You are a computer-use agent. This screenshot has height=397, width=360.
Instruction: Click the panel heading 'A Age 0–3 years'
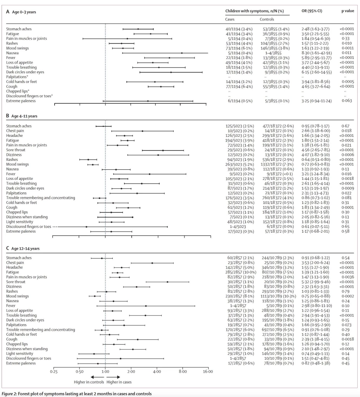(21, 12)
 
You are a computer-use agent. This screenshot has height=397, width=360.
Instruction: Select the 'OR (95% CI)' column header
(313, 11)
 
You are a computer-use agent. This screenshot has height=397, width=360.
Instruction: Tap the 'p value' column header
(347, 11)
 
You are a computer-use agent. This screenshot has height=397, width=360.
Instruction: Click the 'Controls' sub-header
(267, 19)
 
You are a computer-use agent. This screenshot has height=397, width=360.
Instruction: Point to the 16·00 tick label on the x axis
(208, 371)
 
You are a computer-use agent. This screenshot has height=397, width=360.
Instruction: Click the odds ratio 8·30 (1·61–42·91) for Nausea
(316, 53)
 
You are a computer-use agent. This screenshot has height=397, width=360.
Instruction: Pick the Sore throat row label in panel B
(16, 150)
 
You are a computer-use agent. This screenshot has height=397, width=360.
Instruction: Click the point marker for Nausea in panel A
(182, 53)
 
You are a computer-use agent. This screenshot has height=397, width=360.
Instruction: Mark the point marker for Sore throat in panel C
(167, 282)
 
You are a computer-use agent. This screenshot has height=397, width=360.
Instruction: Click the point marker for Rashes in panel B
(88, 159)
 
